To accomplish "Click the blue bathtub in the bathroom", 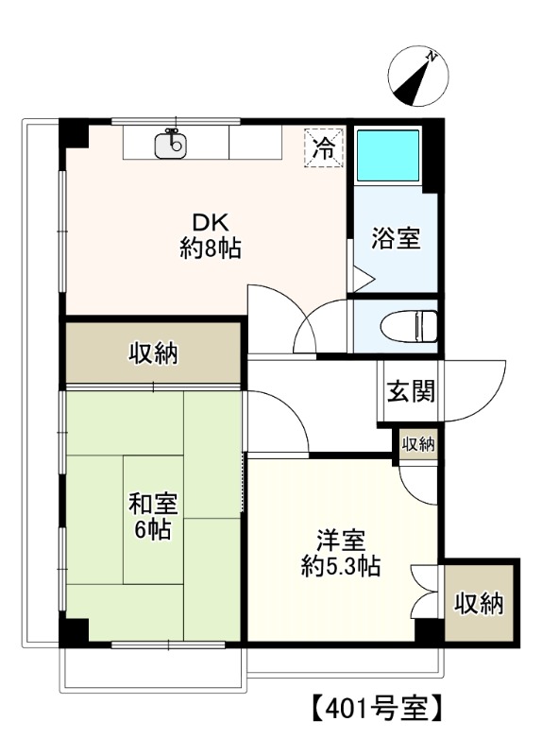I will tap(388, 156).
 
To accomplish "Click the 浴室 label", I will tap(396, 239).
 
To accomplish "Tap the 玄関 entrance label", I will tap(410, 390).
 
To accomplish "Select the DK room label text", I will tap(211, 223).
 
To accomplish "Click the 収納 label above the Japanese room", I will tap(154, 353).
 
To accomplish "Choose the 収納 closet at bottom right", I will tap(479, 602).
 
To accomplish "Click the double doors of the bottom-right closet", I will tap(426, 591).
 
